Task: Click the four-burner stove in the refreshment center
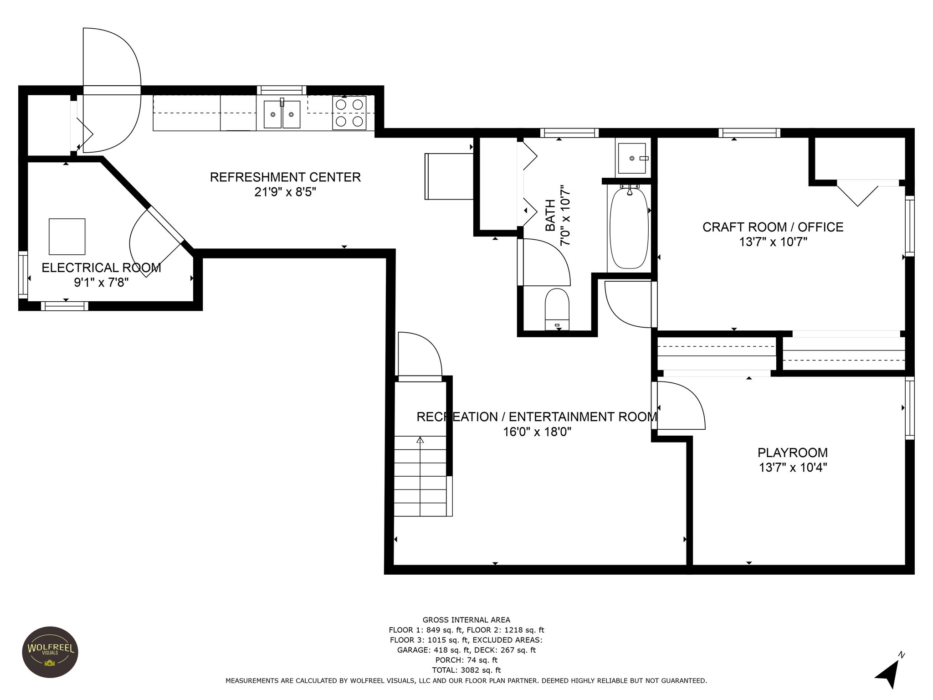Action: [x=349, y=113]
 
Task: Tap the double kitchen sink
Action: [x=282, y=114]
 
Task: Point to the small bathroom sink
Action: [x=631, y=158]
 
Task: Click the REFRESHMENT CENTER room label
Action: [x=285, y=177]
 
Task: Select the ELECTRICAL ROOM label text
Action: [x=102, y=268]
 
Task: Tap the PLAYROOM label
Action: [x=793, y=453]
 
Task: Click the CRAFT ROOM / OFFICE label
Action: [x=773, y=227]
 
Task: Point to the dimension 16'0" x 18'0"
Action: [x=537, y=432]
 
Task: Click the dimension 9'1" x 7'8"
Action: [x=102, y=283]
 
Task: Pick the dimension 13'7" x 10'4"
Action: [x=793, y=468]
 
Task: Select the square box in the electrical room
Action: [x=67, y=236]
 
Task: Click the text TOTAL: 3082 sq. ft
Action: [x=466, y=670]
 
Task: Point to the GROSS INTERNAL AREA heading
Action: [x=466, y=620]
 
